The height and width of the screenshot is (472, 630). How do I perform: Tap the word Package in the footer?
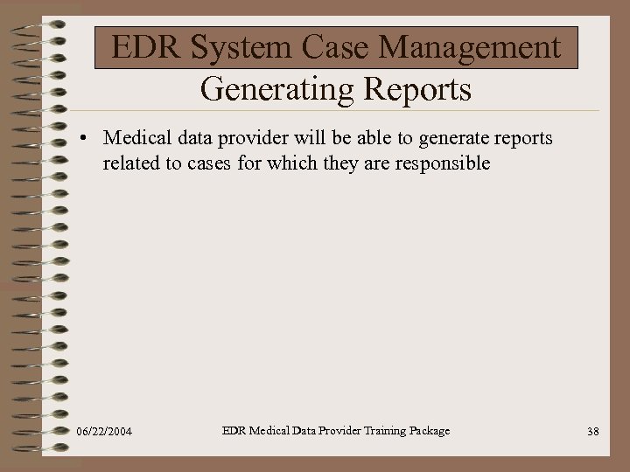(x=424, y=430)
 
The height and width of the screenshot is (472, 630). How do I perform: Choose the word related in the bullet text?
(x=131, y=163)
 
